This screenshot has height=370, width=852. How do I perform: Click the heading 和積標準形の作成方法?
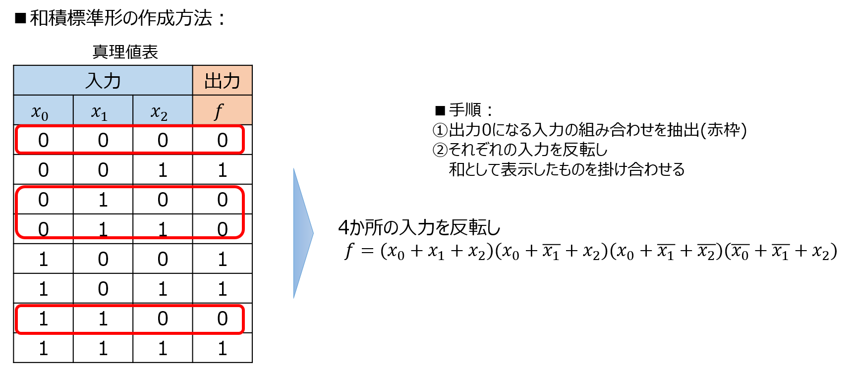pos(121,18)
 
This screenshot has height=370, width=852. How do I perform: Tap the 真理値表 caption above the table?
pos(125,52)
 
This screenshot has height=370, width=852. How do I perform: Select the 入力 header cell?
pos(103,80)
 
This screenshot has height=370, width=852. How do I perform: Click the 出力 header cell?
pos(223,80)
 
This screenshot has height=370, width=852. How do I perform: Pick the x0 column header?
pos(44,110)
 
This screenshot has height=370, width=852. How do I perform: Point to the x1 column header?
pos(103,110)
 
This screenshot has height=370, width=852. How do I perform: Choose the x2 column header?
pos(163,110)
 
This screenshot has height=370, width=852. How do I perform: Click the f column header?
pos(223,110)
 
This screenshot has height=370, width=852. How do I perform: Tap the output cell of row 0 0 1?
pos(223,169)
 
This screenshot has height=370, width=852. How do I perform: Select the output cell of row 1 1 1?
pos(223,348)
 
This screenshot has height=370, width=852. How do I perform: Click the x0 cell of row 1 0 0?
pos(44,259)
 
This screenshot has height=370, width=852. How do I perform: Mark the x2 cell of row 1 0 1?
pos(163,288)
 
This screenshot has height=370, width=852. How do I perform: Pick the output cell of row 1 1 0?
pos(223,318)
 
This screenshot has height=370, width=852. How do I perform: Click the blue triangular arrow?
pos(303,233)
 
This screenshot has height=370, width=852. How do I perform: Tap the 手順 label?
pos(465,110)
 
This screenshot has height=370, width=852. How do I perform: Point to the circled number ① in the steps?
pos(440,130)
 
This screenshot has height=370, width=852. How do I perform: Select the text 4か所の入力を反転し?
pos(419,227)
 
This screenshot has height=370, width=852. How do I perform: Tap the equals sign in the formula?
pos(367,252)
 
